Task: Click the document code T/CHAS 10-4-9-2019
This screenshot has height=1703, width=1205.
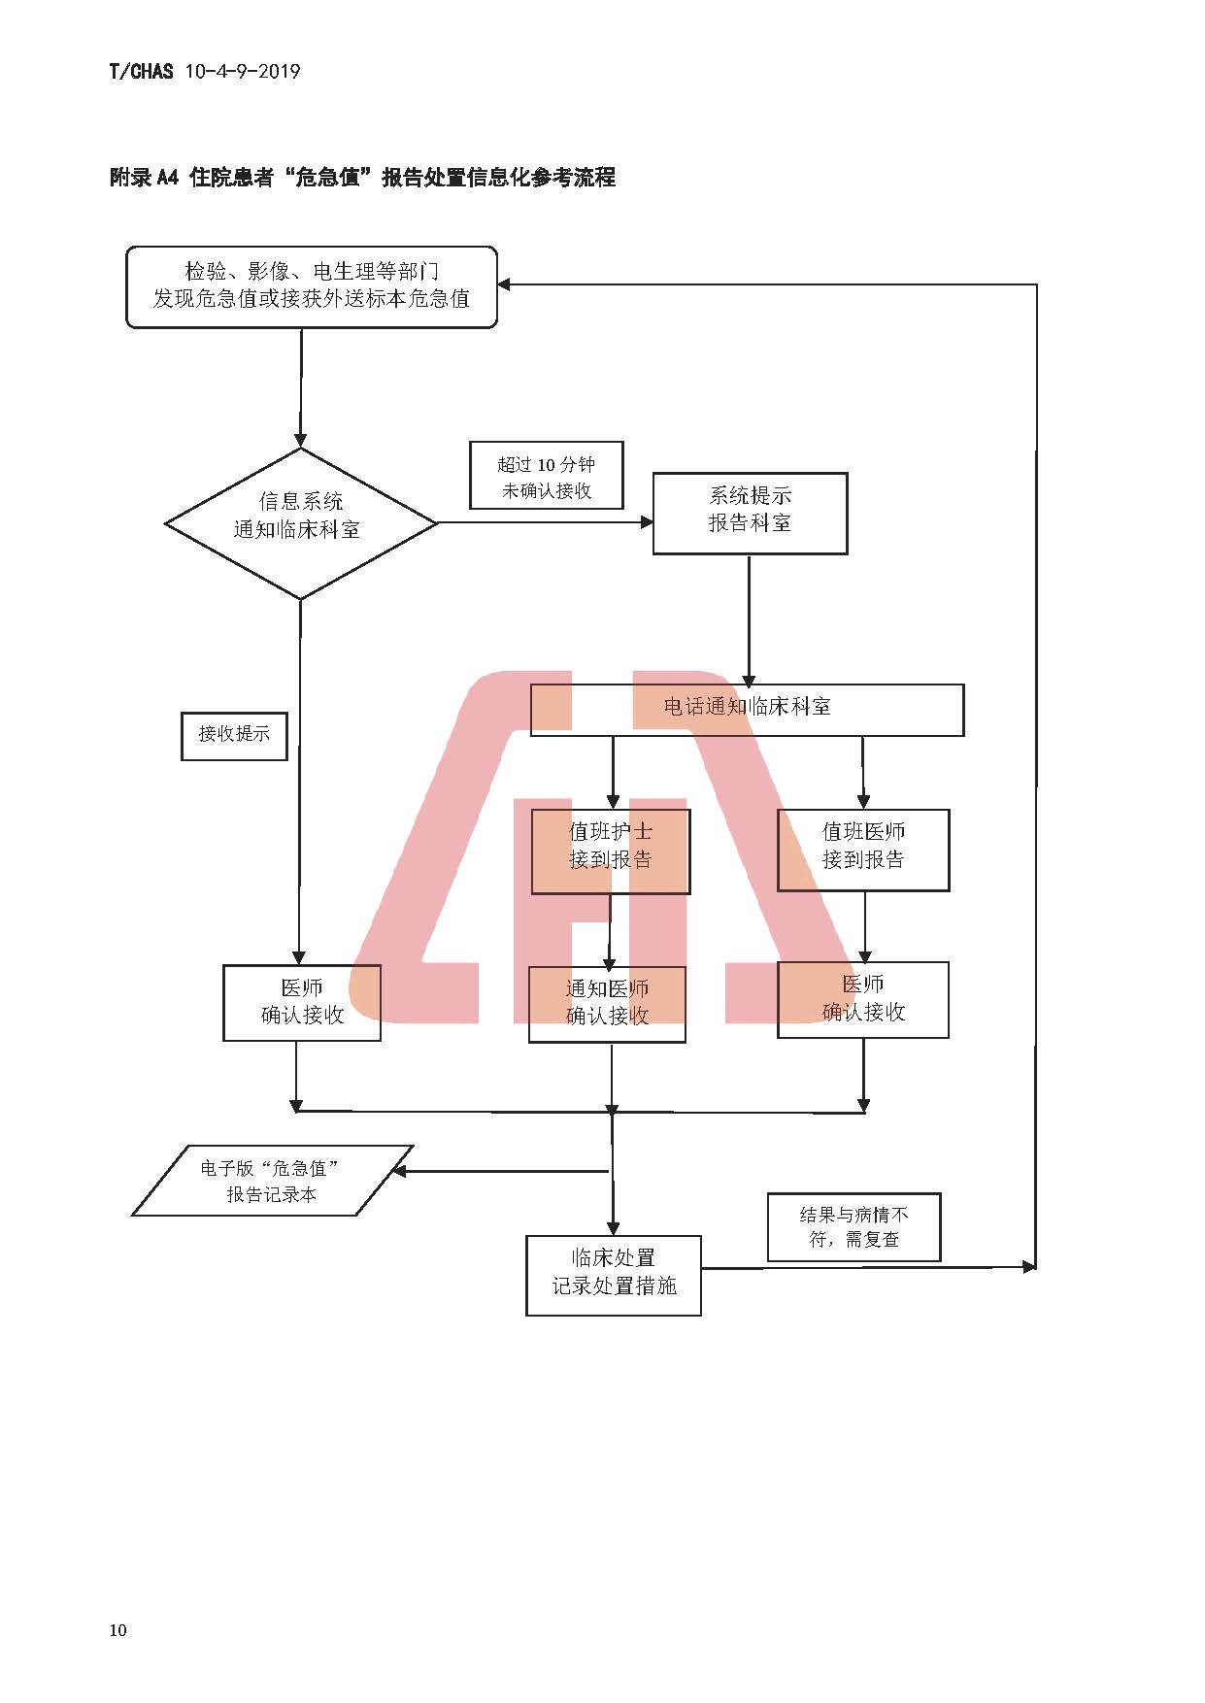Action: click(205, 71)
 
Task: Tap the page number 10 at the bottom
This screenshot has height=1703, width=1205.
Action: click(117, 1630)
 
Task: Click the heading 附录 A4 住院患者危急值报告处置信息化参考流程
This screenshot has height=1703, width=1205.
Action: click(362, 177)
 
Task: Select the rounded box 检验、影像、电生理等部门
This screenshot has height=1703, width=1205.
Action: click(312, 286)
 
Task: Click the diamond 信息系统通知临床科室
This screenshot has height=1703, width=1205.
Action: click(301, 523)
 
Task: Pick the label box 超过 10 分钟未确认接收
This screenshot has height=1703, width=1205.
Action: click(546, 476)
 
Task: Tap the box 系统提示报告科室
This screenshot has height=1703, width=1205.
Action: click(750, 514)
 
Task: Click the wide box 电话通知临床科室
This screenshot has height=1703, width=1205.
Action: click(747, 710)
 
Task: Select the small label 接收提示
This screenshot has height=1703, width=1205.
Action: click(234, 736)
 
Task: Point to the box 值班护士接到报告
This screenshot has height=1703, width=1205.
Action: click(610, 851)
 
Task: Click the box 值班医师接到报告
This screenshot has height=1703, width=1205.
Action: click(862, 851)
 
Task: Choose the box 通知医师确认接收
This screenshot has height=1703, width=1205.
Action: click(607, 1004)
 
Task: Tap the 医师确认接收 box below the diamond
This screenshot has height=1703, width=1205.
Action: click(302, 1003)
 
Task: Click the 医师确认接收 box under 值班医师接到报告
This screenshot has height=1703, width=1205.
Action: click(862, 1000)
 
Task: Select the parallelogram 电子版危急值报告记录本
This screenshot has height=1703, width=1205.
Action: click(272, 1181)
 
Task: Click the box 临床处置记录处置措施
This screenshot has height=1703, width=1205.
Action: click(613, 1275)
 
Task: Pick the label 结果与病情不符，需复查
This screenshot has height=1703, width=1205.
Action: click(854, 1227)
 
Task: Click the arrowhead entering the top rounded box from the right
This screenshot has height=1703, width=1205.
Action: click(505, 284)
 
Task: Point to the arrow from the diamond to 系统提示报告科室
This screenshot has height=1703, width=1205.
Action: click(544, 522)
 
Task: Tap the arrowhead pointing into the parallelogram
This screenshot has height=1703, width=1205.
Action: click(398, 1171)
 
